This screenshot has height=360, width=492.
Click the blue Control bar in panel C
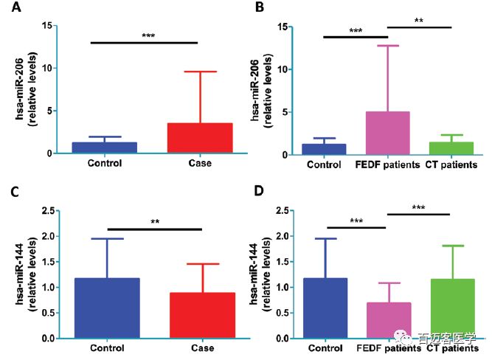tap(107, 308)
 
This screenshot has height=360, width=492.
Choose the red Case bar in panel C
tap(202, 316)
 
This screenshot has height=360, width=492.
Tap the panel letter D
tap(260, 192)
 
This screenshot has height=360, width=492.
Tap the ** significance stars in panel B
tap(419, 21)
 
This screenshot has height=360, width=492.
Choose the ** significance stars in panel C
tap(154, 222)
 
